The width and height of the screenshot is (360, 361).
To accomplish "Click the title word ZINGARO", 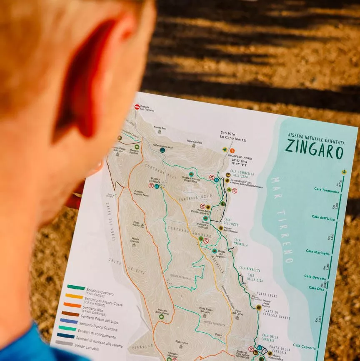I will pos(314,149).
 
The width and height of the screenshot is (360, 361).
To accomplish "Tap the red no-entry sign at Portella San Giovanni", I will pos(137,107).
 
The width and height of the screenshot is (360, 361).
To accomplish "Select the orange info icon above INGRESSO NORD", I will pos(232,150).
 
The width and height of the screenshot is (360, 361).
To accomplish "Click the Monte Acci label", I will pos(160,127).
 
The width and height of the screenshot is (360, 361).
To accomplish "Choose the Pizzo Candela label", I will pos(194,142).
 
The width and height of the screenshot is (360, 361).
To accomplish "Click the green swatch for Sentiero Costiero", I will pos(76,287).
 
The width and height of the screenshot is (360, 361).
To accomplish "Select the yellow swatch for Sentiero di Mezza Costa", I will pos(74,296).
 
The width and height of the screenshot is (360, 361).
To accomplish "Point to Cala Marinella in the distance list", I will pos(318,251).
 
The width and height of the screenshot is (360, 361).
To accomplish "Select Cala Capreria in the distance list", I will pos(304,346).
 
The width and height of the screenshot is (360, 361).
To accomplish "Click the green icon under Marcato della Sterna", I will pos(162,317).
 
